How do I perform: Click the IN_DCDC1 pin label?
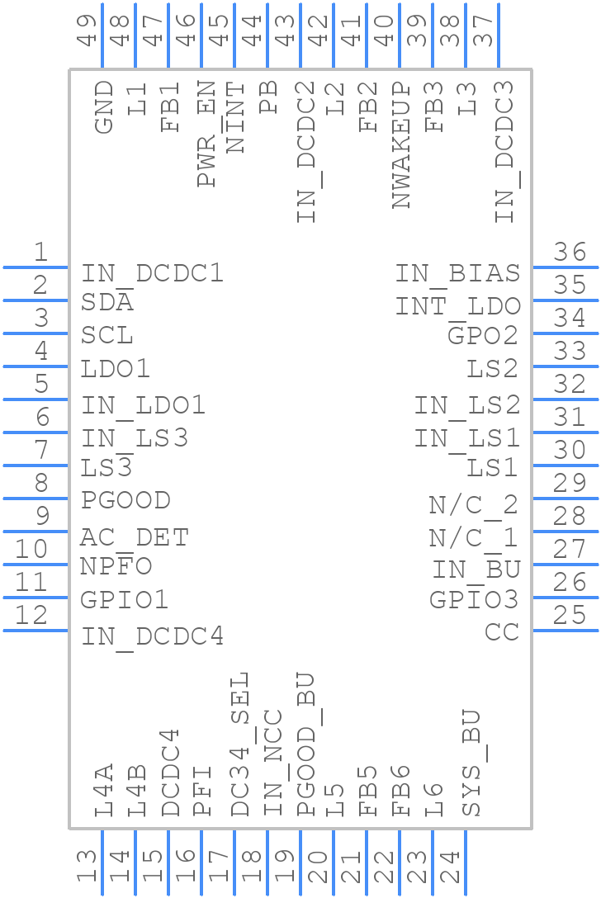click(152, 273)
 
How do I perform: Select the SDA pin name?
click(107, 303)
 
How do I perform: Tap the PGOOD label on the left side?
click(125, 501)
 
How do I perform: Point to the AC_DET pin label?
click(135, 538)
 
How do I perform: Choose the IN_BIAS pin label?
click(457, 273)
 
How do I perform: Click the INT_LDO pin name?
click(457, 307)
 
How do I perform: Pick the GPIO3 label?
click(474, 600)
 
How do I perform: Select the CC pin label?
click(502, 632)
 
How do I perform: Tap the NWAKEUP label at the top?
click(401, 145)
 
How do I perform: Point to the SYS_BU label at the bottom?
click(471, 763)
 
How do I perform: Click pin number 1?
click(40, 253)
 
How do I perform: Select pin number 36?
click(570, 253)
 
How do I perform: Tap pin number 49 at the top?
click(87, 30)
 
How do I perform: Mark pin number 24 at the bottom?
click(450, 867)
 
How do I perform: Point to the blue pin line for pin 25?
click(566, 631)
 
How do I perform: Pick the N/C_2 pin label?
click(473, 504)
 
